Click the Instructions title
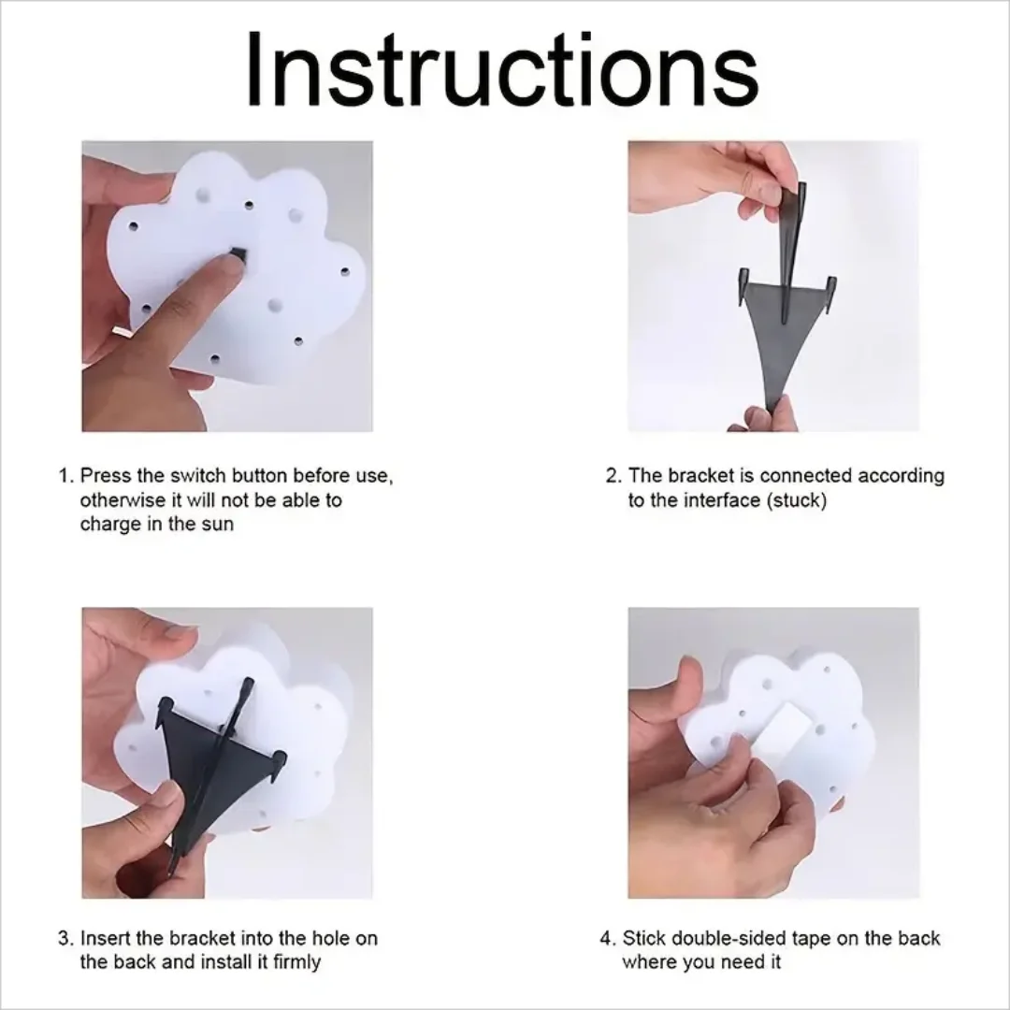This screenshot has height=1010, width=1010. pos(502,70)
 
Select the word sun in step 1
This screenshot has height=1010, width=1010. pos(217,524)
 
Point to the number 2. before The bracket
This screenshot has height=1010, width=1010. pos(613,476)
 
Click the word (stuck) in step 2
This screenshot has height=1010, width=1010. pos(797,500)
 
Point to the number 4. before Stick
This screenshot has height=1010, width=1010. pos(608,938)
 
